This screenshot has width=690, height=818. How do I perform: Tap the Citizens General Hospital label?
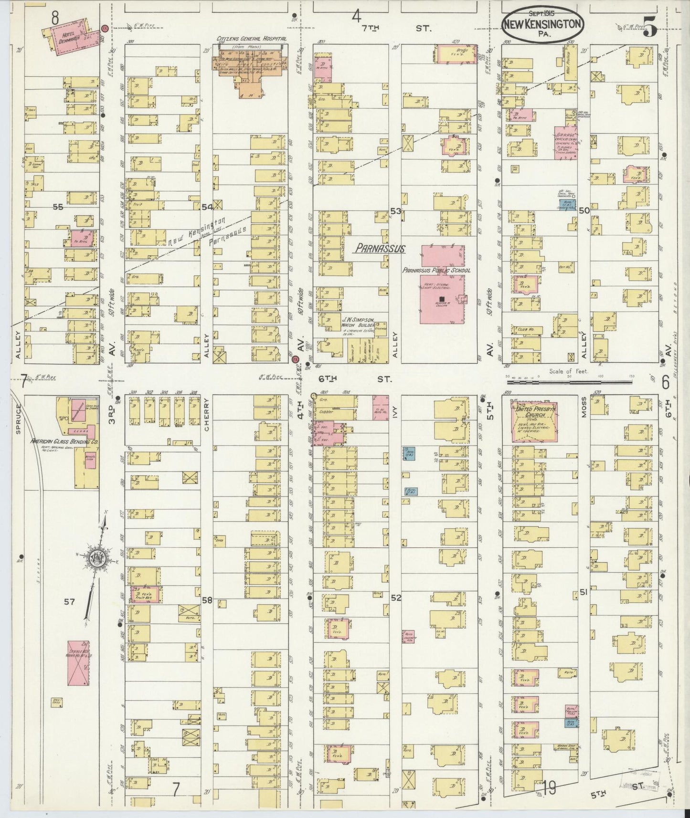tap(251, 39)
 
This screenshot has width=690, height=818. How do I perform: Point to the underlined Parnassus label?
tap(380, 249)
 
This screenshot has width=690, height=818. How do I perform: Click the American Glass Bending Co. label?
tap(64, 442)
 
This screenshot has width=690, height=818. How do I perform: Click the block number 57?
tap(70, 602)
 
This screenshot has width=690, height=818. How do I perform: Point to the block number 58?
tap(207, 600)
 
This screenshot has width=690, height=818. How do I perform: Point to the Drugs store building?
tap(456, 53)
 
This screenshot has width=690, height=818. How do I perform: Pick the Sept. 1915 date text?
tap(541, 14)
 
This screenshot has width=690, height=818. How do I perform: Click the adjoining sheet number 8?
tap(55, 18)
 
